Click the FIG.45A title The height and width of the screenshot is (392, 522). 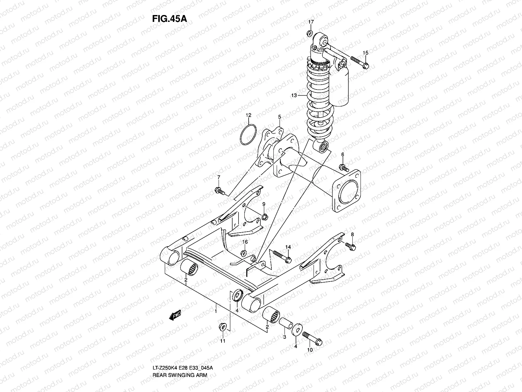click(169, 19)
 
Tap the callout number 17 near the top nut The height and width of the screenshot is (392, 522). click(311, 22)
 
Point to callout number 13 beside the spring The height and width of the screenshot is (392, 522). click(294, 95)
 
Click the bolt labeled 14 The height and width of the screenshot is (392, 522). click(281, 257)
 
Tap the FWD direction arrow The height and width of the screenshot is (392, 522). click(175, 315)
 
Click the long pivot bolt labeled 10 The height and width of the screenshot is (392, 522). click(312, 338)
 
